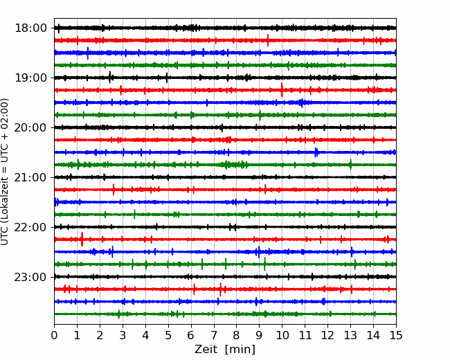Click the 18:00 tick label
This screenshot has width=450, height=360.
click(x=30, y=28)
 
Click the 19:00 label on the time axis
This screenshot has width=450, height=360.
click(x=30, y=78)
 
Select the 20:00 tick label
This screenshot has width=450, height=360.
click(x=30, y=127)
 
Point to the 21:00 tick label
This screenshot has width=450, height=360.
click(x=30, y=177)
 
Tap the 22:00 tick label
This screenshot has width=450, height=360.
click(x=30, y=227)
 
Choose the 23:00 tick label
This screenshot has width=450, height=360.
click(x=30, y=277)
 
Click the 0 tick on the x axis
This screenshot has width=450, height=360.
click(x=54, y=335)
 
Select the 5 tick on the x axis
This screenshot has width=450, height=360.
click(x=168, y=335)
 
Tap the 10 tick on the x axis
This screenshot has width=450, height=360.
click(x=282, y=335)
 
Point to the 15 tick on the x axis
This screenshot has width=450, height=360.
click(x=396, y=335)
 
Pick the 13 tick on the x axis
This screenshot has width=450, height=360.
click(x=350, y=335)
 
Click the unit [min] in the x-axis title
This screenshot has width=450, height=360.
click(x=240, y=350)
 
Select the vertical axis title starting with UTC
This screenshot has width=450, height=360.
click(x=5, y=172)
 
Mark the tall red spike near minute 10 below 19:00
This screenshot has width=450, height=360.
click(x=282, y=90)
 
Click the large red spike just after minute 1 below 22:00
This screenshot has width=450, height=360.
click(x=82, y=239)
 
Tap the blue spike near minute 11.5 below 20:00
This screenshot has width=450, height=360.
click(x=316, y=152)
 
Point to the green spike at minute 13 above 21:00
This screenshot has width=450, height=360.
click(x=350, y=165)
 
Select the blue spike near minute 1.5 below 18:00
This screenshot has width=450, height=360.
click(x=88, y=53)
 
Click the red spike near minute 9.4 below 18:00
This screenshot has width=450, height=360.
click(x=268, y=40)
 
